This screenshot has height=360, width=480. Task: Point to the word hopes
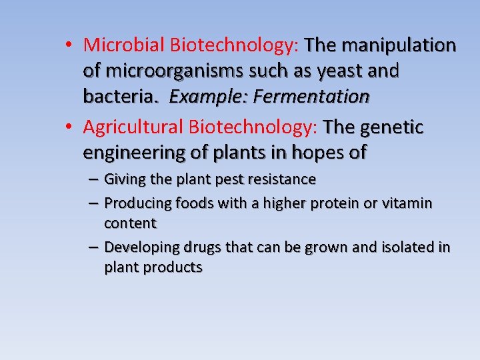(311, 153)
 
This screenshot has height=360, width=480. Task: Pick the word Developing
(141, 247)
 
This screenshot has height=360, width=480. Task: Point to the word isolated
(407, 247)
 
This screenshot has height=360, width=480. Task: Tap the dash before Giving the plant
(93, 179)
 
